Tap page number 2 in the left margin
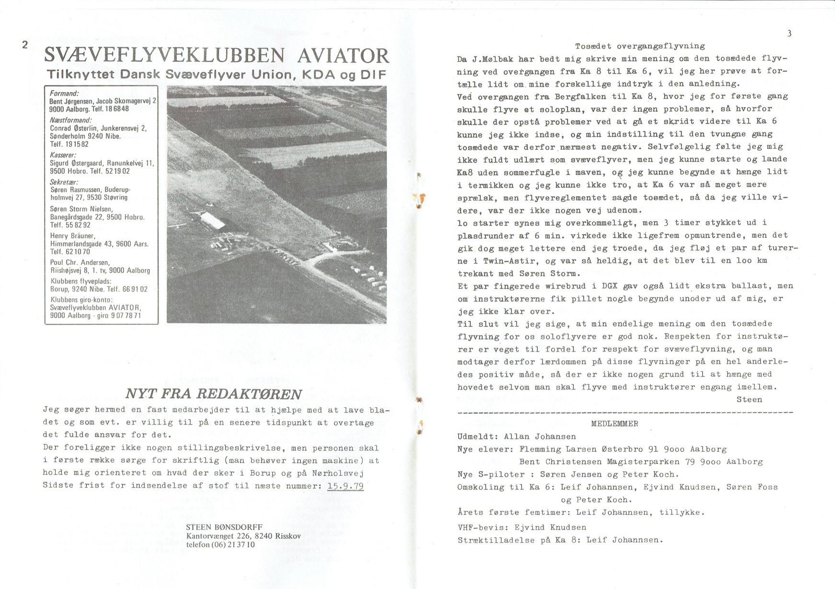(x=25, y=45)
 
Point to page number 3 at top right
(x=789, y=33)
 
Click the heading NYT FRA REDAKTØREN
(x=213, y=394)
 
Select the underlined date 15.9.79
(x=345, y=486)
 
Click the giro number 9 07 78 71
(x=126, y=316)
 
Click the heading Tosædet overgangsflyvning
(x=640, y=46)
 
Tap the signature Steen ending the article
(x=749, y=399)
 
